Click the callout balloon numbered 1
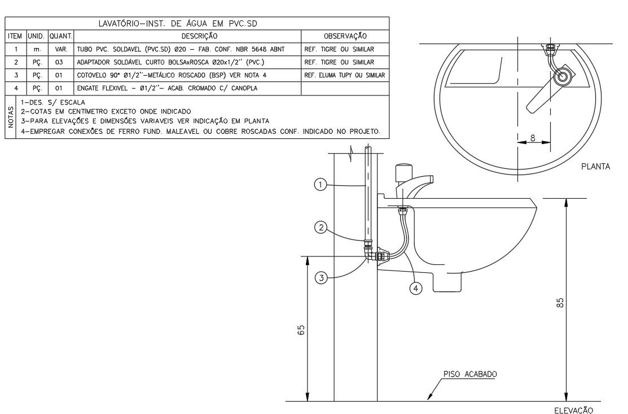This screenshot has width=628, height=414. coord(320,185)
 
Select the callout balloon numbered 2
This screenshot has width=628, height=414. coord(321,228)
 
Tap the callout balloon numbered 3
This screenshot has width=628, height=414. coord(321,278)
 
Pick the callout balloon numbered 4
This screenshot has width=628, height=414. coord(416,288)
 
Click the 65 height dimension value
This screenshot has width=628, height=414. coord(301,330)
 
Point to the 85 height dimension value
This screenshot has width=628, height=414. coord(560,303)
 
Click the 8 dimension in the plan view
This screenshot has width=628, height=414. coord(533,138)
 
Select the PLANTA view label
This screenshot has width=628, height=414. coord(596,167)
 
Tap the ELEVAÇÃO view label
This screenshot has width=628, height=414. coord(573,409)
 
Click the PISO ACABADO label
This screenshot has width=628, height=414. coord(470,374)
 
